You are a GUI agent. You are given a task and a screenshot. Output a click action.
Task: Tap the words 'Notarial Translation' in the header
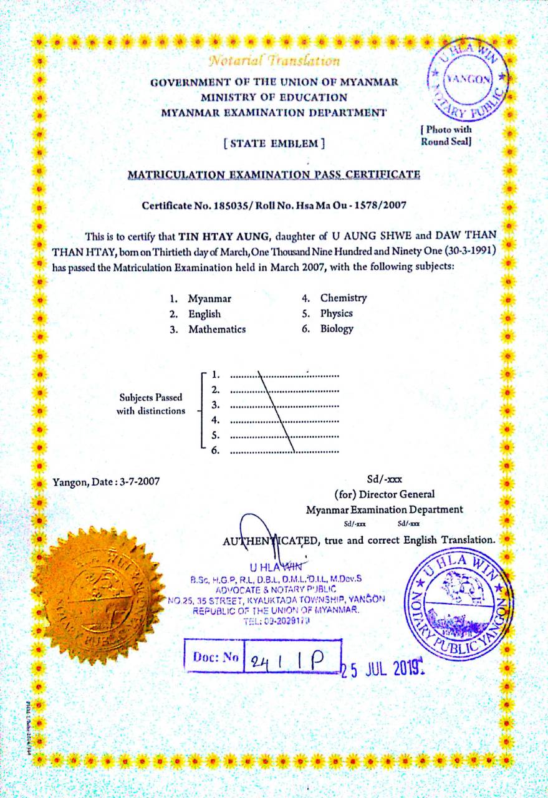(274, 61)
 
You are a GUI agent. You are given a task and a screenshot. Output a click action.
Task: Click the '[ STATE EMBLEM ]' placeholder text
(274, 143)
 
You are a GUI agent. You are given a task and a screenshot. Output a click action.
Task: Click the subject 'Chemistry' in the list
(344, 298)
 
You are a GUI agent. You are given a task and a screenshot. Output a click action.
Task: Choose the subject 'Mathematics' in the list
(217, 329)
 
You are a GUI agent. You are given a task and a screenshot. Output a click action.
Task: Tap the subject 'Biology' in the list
(337, 329)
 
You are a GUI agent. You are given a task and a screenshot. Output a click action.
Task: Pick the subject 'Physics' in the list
(337, 314)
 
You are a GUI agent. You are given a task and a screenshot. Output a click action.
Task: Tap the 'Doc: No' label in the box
(216, 656)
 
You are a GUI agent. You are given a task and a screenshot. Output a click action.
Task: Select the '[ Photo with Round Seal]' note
(446, 135)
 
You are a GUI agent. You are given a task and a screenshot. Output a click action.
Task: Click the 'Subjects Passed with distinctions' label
(151, 404)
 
